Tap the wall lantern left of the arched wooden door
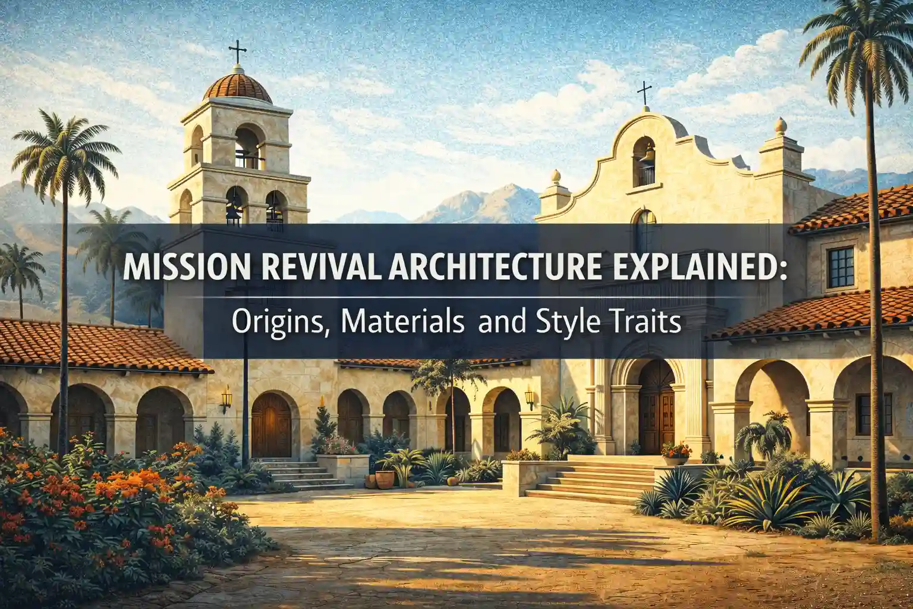[x=226, y=398]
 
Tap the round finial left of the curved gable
[x=557, y=176]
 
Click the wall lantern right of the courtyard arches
[x=529, y=398]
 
